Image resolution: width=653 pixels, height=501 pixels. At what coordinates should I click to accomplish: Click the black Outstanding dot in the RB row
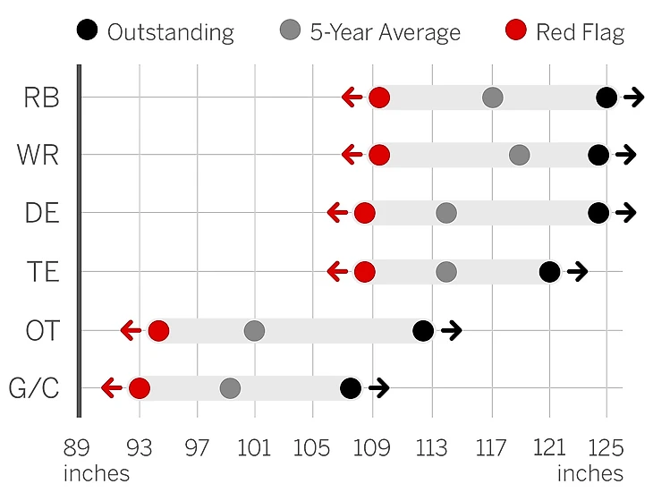click(x=606, y=98)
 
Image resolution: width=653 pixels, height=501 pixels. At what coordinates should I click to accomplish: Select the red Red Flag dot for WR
click(x=379, y=155)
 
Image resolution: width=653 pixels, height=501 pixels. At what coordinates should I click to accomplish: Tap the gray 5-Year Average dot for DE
click(x=446, y=213)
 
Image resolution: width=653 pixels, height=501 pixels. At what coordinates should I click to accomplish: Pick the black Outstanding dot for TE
click(x=549, y=272)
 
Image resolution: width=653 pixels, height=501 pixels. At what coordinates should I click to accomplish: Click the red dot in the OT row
click(x=158, y=331)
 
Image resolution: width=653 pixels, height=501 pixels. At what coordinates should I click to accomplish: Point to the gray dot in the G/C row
click(x=230, y=388)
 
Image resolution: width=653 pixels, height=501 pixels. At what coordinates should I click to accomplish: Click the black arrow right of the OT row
click(x=451, y=331)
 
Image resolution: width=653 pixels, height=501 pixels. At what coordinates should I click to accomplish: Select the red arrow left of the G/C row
click(x=112, y=388)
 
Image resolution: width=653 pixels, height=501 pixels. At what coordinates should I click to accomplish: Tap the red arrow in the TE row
click(x=337, y=272)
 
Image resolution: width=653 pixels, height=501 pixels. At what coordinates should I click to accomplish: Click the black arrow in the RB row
click(x=634, y=98)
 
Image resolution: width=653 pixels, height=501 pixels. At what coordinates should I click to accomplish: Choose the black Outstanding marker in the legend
click(x=88, y=31)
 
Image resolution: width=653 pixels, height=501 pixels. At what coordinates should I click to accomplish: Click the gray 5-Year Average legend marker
click(x=290, y=31)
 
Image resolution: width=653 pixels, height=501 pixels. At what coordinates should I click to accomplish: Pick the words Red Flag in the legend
click(x=580, y=33)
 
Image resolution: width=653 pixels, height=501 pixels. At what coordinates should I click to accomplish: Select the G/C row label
click(x=34, y=389)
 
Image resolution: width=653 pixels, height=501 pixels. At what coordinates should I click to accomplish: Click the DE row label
click(x=42, y=214)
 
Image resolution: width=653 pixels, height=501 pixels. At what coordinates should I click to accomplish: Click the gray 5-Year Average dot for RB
click(x=492, y=98)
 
